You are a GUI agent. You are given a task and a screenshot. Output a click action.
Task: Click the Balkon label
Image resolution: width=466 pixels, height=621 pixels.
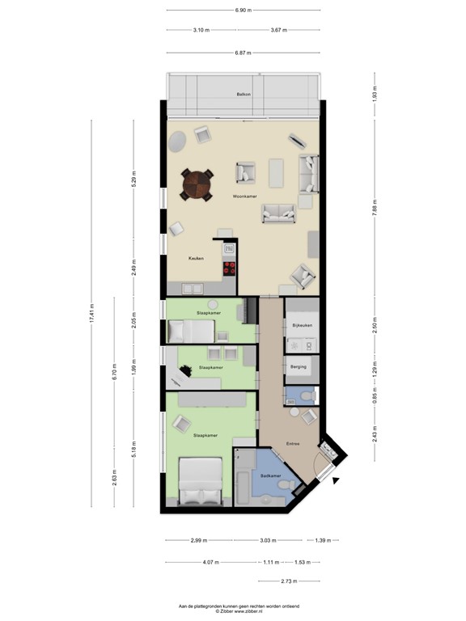point(244,95)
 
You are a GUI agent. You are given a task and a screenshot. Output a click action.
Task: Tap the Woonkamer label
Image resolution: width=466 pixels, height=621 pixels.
point(244,196)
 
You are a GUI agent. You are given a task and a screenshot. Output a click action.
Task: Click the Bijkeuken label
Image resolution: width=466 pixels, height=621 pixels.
point(303,325)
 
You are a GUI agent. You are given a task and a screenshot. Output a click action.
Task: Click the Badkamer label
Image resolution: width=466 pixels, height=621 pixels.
point(270,475)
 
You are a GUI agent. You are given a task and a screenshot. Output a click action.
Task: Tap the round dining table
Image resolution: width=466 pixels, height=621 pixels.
point(197,184)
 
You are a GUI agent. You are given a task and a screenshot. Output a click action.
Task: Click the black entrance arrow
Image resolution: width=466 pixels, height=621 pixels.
point(336,480)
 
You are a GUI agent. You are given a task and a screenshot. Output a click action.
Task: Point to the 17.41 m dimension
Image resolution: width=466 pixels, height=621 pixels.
point(91,314)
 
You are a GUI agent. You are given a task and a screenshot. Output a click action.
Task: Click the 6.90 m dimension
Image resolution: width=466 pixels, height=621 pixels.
point(244,11)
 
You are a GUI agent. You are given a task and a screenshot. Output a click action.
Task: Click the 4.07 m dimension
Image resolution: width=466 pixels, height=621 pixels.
point(209,562)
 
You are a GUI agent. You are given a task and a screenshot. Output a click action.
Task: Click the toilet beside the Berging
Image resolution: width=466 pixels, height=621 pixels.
point(302,395)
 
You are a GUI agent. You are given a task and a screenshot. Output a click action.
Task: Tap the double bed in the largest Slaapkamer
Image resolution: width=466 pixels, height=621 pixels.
point(200,482)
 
